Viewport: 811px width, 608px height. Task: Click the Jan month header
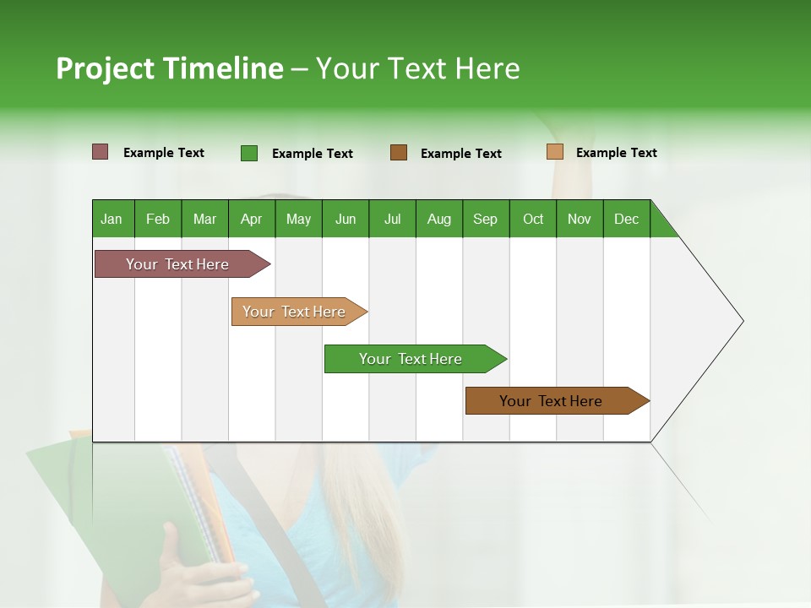point(112,219)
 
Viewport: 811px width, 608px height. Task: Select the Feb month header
point(158,219)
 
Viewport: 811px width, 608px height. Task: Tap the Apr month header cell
point(251,219)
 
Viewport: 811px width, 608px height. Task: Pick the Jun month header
point(346,219)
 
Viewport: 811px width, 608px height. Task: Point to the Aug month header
point(438,219)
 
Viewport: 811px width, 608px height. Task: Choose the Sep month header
point(485,219)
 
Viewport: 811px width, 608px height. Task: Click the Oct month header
point(533,219)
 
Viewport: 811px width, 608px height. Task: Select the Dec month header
point(626,219)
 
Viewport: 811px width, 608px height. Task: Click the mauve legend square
point(101,152)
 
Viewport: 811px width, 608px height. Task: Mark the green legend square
point(249,153)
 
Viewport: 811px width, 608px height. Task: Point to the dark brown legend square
point(399,153)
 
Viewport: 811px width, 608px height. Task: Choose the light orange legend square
point(554,152)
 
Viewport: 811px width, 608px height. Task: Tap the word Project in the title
point(106,68)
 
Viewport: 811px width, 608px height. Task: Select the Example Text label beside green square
point(313,154)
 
